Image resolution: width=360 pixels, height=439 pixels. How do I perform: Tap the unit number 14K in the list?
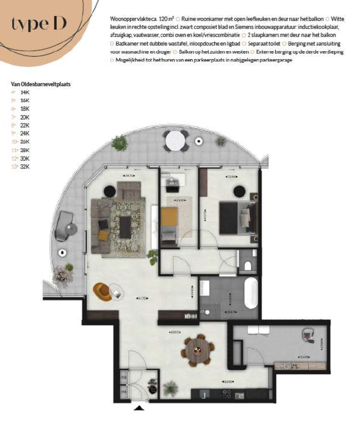pos(25,93)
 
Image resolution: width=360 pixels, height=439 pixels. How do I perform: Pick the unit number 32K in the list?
pos(25,167)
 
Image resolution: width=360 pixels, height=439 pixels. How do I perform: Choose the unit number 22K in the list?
pos(25,126)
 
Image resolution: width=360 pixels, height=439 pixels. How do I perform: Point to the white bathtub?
pos(251,293)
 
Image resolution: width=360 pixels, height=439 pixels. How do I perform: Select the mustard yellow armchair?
pos(103,291)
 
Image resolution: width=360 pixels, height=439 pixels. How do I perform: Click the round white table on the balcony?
pos(175,140)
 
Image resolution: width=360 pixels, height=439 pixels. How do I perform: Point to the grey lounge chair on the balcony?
pos(64,226)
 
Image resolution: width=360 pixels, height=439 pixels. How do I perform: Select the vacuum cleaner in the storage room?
pos(307,335)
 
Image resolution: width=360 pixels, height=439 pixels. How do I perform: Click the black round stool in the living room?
pos(110,190)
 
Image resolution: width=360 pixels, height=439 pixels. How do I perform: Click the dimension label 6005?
pos(175,332)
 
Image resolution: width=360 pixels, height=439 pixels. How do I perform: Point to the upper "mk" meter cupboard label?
pos(124,377)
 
